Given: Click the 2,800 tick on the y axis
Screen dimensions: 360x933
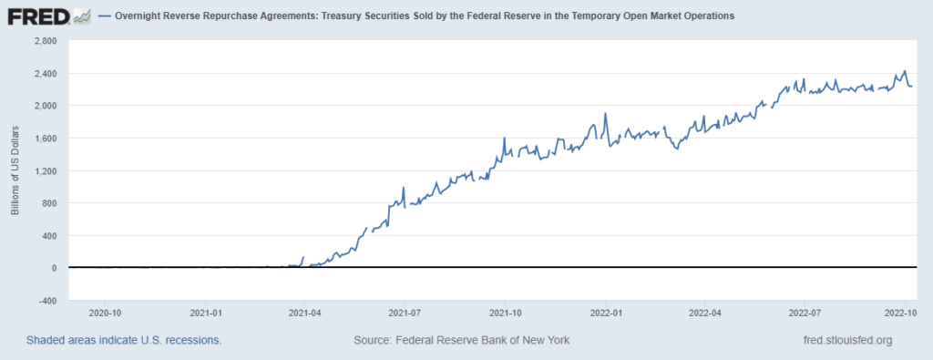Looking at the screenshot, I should [45, 41].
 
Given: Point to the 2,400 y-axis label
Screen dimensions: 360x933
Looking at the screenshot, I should [45, 73].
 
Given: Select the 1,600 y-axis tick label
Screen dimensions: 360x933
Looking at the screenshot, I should [45, 139].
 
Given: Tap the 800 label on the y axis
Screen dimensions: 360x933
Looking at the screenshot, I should [49, 203].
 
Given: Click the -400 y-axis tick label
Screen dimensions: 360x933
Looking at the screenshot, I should [47, 301].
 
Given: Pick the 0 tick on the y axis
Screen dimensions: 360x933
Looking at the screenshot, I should [55, 268].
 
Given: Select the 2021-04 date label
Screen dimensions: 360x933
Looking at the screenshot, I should [304, 312].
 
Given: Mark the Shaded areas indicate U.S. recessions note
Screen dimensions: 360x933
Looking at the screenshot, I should [124, 340].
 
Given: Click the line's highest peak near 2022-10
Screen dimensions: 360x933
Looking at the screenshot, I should [904, 71].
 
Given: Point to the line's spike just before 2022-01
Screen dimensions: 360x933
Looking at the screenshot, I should [605, 114].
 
